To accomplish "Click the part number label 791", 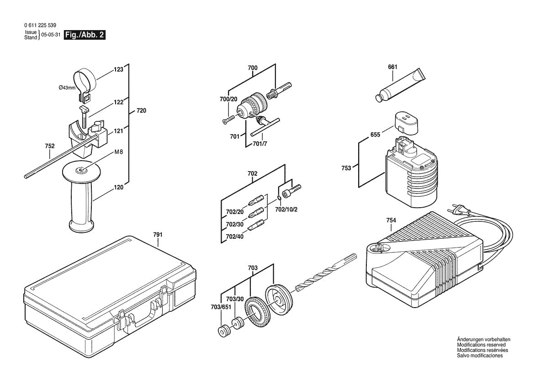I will click(158, 235).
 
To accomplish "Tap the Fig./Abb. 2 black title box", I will click(85, 35).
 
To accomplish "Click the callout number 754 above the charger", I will click(391, 220).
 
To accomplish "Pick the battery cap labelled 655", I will click(406, 122).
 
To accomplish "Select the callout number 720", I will click(142, 111).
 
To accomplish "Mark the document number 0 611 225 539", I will click(40, 26).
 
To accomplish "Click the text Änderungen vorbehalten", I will click(483, 340).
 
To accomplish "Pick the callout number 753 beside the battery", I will click(346, 168).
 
